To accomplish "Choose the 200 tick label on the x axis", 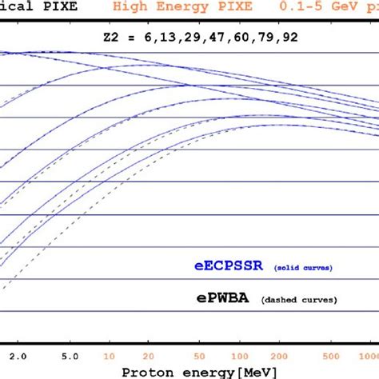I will pyautogui.click(x=277, y=353).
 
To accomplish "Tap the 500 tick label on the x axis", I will pyautogui.click(x=329, y=353).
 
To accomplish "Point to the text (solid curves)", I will pyautogui.click(x=304, y=267).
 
